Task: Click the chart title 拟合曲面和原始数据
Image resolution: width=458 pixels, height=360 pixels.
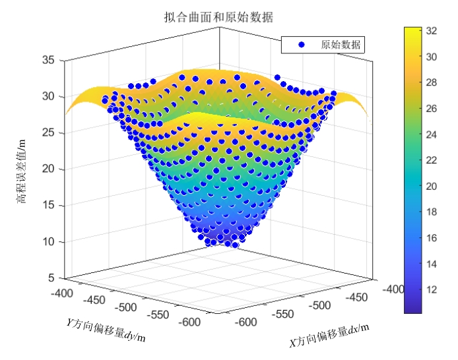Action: pos(218,16)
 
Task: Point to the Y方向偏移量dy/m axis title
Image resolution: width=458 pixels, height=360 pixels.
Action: pos(106,330)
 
